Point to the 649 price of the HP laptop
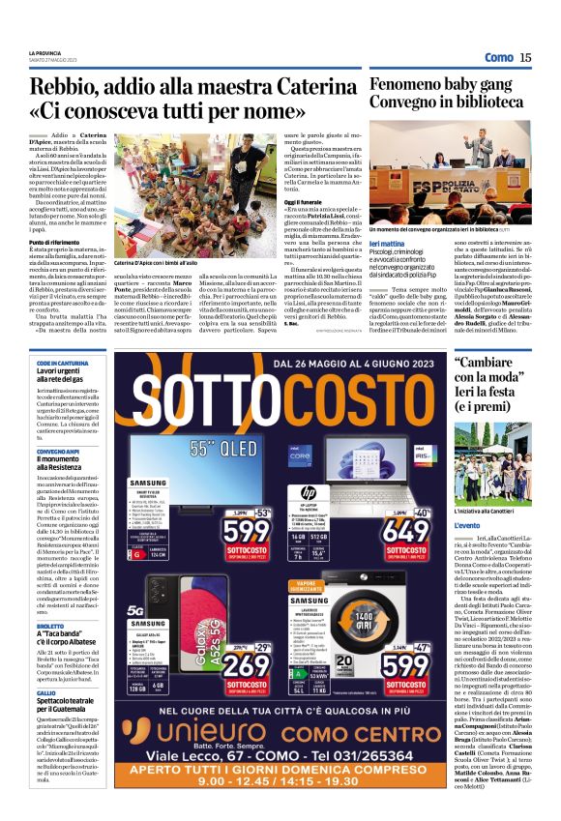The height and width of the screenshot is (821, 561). [x=405, y=531]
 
